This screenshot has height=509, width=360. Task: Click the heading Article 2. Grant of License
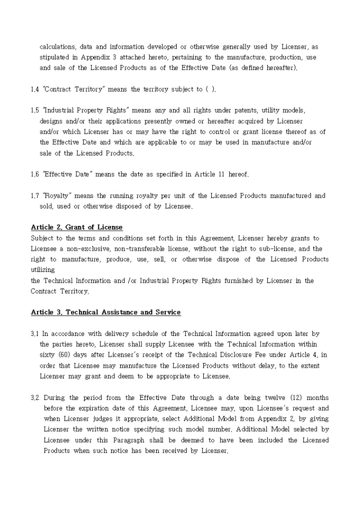(77, 228)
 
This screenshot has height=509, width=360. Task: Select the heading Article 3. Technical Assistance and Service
(106, 312)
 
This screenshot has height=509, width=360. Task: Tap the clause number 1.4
(35, 89)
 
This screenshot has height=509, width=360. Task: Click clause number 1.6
(35, 174)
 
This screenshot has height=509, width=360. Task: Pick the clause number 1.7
(35, 196)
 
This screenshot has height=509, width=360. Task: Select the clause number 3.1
(35, 334)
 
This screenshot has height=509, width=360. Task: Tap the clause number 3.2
(35, 397)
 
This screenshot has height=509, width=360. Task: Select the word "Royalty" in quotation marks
(53, 196)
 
